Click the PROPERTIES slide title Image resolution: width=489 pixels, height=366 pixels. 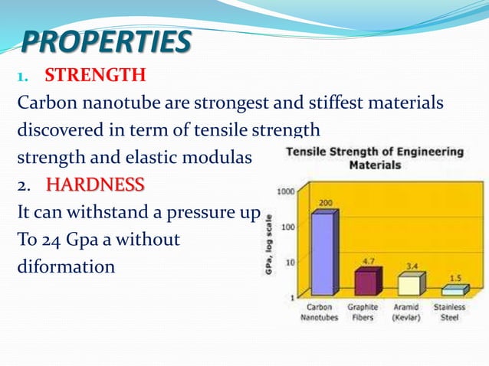click(105, 42)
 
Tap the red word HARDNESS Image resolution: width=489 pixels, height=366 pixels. click(94, 185)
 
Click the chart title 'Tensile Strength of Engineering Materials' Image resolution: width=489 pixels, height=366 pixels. click(374, 158)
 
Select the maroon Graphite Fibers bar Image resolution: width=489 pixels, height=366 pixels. click(365, 282)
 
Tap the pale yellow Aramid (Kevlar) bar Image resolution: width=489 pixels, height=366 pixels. click(409, 285)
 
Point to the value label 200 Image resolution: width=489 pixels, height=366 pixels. click(325, 203)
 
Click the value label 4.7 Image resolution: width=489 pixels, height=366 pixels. click(368, 261)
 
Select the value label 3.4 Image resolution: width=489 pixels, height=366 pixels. click(412, 266)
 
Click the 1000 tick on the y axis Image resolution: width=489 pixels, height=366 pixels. click(284, 191)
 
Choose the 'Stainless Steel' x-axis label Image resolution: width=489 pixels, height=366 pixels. click(450, 312)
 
